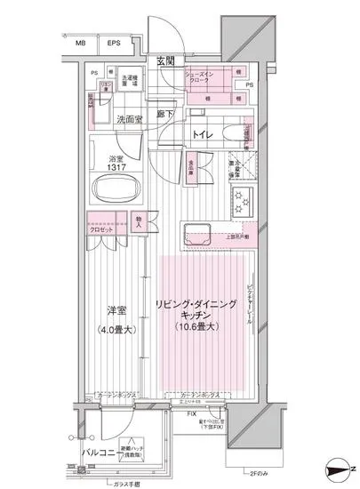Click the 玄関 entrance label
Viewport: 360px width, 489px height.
tap(165, 61)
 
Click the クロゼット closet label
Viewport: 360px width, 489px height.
tap(100, 228)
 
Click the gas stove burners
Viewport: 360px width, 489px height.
tap(243, 203)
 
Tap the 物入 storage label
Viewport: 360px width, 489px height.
tap(140, 220)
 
